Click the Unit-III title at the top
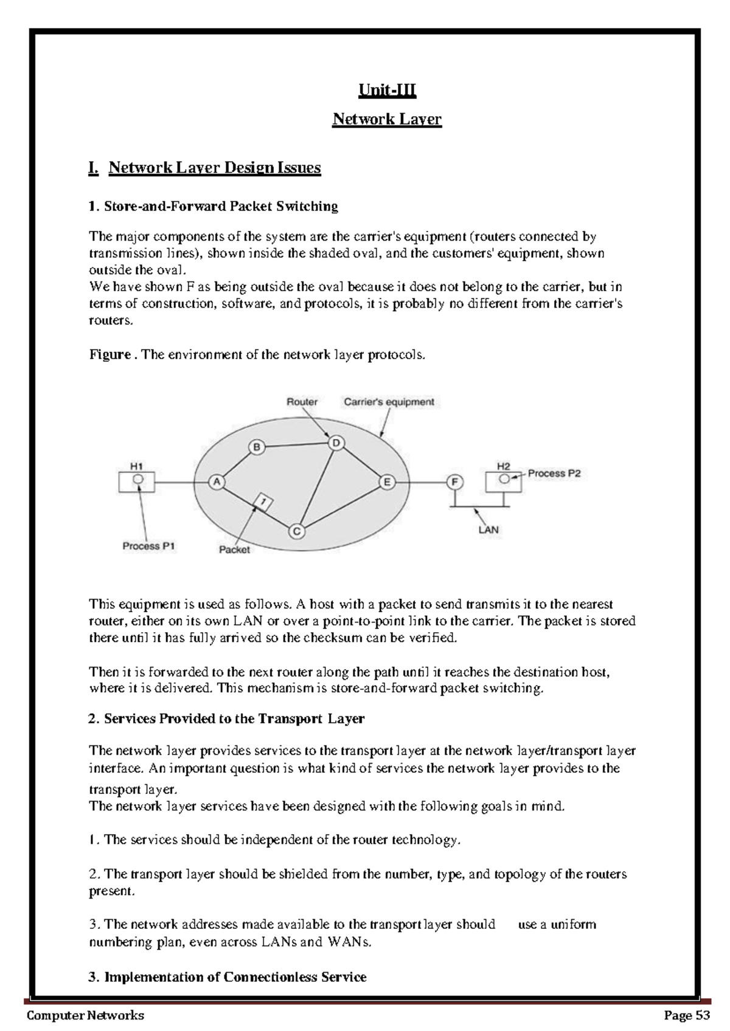click(387, 91)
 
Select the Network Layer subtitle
click(387, 119)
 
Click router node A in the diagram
click(217, 482)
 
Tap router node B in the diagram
click(257, 447)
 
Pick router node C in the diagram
click(296, 531)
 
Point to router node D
click(336, 444)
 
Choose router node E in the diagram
click(387, 482)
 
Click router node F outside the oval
click(454, 482)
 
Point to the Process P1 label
click(148, 546)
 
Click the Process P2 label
click(554, 473)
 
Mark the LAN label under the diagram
click(488, 529)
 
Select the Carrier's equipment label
click(389, 402)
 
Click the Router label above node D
click(302, 402)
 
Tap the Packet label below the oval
click(234, 550)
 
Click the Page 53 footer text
click(687, 1016)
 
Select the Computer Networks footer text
click(85, 1016)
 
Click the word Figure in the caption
click(109, 355)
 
